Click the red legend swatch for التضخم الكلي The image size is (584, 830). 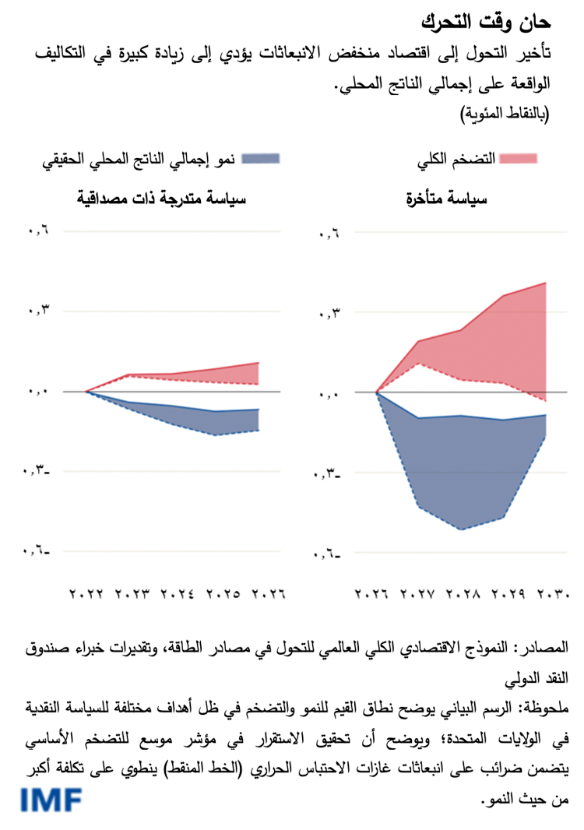point(518,159)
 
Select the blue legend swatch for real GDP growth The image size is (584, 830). point(259,159)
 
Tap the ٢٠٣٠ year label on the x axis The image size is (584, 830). point(554,595)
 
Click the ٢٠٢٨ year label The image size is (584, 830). point(465,595)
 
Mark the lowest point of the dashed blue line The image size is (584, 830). point(463,529)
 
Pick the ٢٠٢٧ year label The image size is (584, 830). point(420,595)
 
